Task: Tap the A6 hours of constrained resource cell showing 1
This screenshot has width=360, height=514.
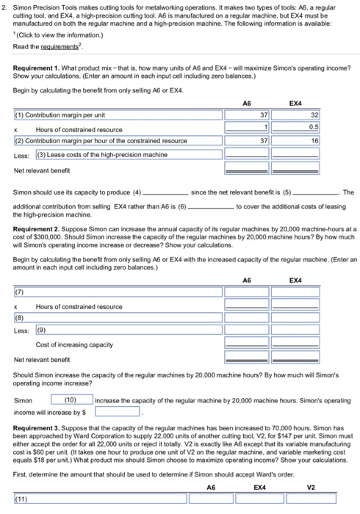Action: pyautogui.click(x=246, y=128)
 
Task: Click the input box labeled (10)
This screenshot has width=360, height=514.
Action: pyautogui.click(x=71, y=399)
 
